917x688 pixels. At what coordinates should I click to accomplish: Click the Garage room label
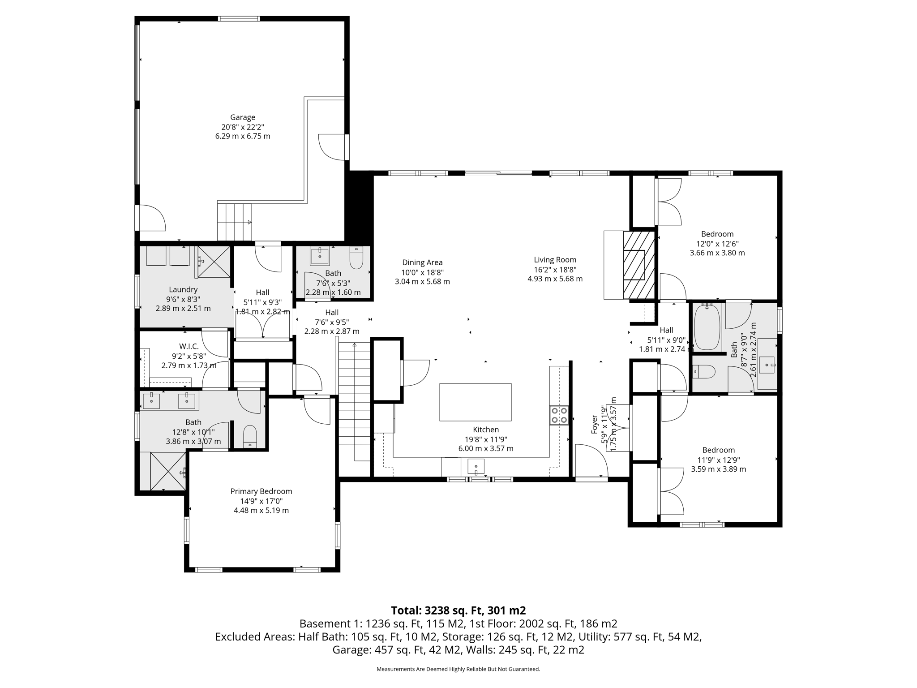click(x=242, y=118)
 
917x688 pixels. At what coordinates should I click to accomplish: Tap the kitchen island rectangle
click(x=475, y=402)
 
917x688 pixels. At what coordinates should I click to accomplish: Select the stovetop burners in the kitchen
click(x=559, y=415)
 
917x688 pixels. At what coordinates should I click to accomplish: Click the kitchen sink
click(x=476, y=466)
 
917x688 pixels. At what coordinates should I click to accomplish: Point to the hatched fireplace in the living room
click(x=639, y=265)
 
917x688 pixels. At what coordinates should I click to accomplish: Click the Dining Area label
click(x=422, y=262)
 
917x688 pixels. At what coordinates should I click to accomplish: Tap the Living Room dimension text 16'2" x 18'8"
click(x=555, y=269)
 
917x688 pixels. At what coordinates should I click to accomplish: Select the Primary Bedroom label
click(x=261, y=491)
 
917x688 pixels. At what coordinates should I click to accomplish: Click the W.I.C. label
click(x=189, y=346)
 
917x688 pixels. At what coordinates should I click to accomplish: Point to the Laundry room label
click(x=183, y=289)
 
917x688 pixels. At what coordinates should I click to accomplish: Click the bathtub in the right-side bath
click(x=707, y=327)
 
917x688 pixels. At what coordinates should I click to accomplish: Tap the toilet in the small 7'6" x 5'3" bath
click(x=356, y=258)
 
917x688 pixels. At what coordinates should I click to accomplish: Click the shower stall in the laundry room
click(x=214, y=262)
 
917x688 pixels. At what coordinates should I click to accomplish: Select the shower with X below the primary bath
click(x=167, y=471)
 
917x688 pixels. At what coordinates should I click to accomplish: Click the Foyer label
click(x=595, y=424)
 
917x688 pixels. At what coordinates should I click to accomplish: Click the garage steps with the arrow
click(x=235, y=222)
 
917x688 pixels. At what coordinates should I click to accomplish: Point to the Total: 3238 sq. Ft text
click(x=458, y=610)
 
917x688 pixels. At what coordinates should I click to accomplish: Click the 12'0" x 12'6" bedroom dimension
click(x=717, y=244)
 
